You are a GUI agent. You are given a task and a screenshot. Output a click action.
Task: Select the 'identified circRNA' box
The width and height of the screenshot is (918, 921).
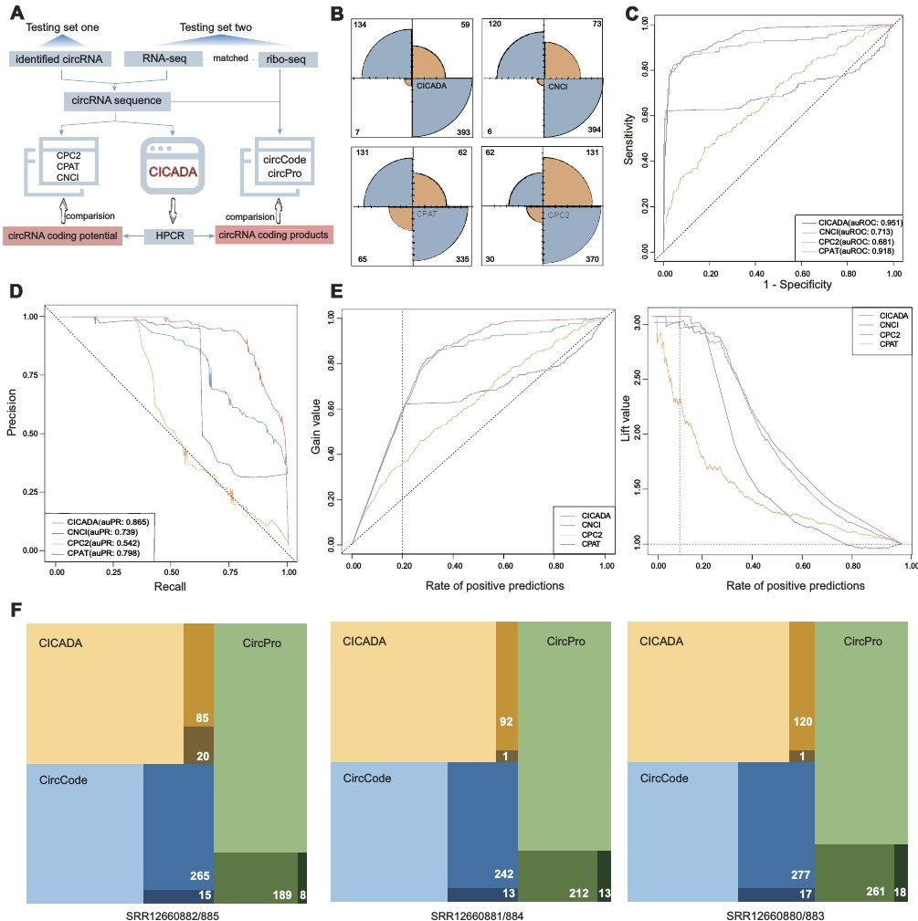tap(60, 59)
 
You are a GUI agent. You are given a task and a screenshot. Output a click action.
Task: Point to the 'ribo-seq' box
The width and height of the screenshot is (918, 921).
tap(290, 59)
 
